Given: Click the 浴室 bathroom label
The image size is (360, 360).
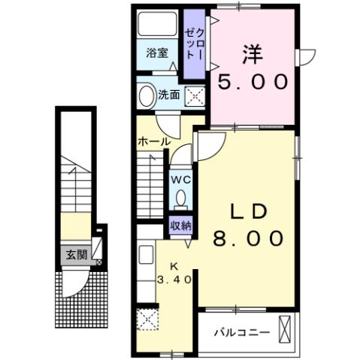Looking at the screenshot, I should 158,53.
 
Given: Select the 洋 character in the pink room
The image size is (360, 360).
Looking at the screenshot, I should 252,54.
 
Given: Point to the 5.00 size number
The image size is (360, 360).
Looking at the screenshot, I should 252,80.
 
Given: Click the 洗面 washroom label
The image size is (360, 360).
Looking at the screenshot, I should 169,95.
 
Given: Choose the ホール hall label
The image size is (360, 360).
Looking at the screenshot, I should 153,141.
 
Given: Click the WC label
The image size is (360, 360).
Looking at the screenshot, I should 180,180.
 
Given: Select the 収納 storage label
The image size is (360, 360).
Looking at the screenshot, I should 180,224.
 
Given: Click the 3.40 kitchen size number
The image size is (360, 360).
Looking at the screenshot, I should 175,279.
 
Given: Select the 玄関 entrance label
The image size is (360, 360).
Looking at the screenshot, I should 75,254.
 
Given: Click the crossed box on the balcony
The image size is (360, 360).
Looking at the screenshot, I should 285,328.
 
